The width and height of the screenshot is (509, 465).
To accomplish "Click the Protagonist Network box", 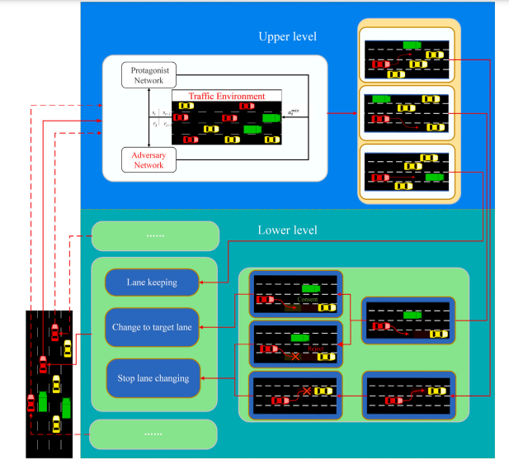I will [148, 74].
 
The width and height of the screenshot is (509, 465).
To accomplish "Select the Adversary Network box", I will [148, 159].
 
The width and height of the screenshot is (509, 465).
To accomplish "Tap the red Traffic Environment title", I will [226, 97].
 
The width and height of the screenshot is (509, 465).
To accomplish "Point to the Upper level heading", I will [287, 37].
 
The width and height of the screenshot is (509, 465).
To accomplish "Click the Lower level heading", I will [287, 230].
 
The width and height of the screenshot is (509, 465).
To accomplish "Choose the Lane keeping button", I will [153, 282].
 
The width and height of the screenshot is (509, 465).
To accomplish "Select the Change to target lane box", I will [153, 328].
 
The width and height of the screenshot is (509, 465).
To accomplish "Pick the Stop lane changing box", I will [153, 378].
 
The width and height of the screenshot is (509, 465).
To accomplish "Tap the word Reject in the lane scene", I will [313, 349].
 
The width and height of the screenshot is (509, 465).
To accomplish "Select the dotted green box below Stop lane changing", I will [153, 433].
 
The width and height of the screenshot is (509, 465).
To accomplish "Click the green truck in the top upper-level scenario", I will [412, 45].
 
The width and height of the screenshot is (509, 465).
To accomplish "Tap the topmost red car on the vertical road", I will [54, 331].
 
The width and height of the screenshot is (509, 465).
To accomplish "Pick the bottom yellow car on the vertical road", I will [56, 423].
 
